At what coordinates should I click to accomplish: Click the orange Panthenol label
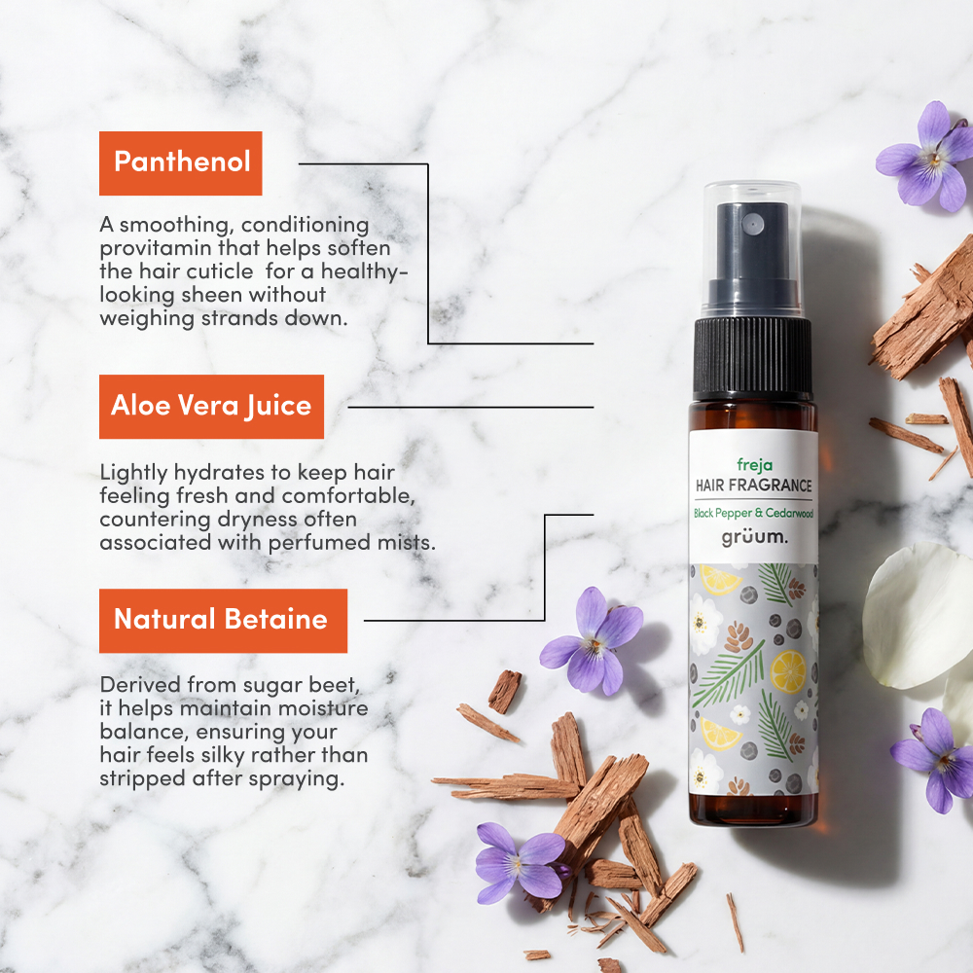181,162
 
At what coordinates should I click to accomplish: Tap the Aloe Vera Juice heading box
211,406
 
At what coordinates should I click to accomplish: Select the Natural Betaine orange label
222,620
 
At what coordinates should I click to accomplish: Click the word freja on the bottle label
753,464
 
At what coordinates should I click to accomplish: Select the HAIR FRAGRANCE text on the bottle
753,485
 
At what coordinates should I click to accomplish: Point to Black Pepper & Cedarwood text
753,513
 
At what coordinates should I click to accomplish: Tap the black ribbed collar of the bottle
752,356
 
